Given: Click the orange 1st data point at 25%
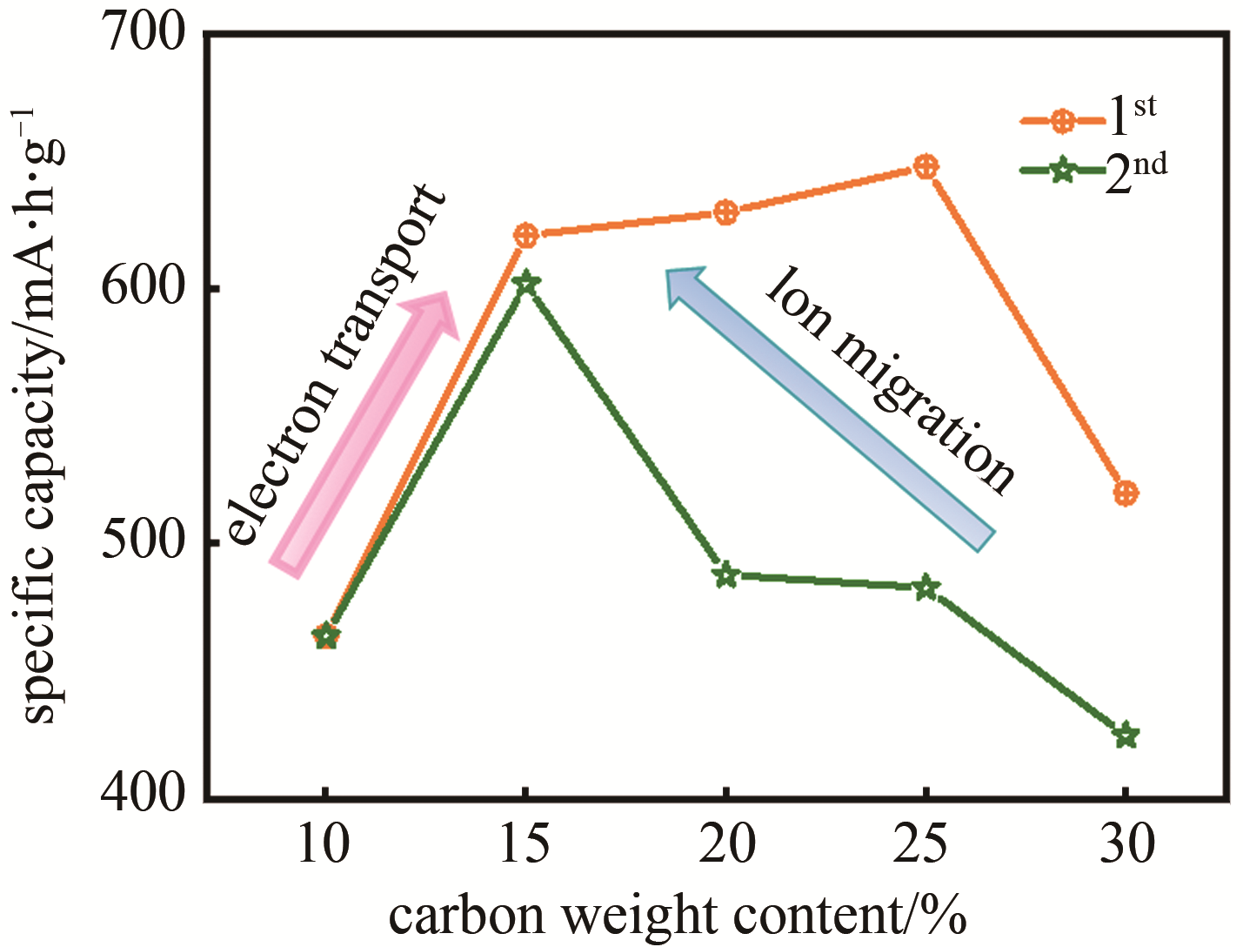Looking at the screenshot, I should click(926, 166).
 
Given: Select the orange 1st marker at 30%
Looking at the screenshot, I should click(1126, 494).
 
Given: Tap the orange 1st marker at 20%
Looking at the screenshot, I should click(725, 212).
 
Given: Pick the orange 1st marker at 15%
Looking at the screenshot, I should click(525, 235).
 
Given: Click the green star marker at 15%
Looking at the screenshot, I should click(525, 283).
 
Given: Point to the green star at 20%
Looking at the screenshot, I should click(726, 575).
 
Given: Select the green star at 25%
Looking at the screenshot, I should click(926, 588).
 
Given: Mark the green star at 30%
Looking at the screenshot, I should click(1126, 735).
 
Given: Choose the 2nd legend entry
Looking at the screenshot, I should click(1093, 171).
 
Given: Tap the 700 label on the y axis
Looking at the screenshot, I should click(144, 35).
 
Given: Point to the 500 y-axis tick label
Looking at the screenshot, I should click(144, 543).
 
